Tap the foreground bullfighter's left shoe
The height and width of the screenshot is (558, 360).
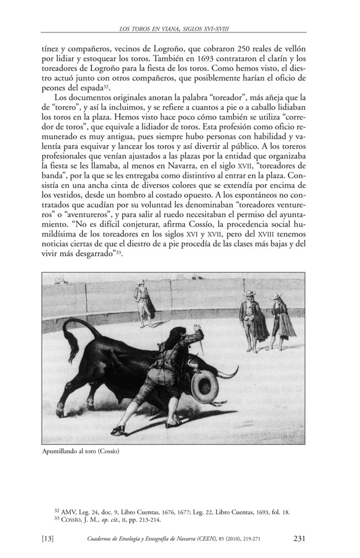tap(116, 430)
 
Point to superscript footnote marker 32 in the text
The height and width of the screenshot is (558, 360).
tap(104, 87)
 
